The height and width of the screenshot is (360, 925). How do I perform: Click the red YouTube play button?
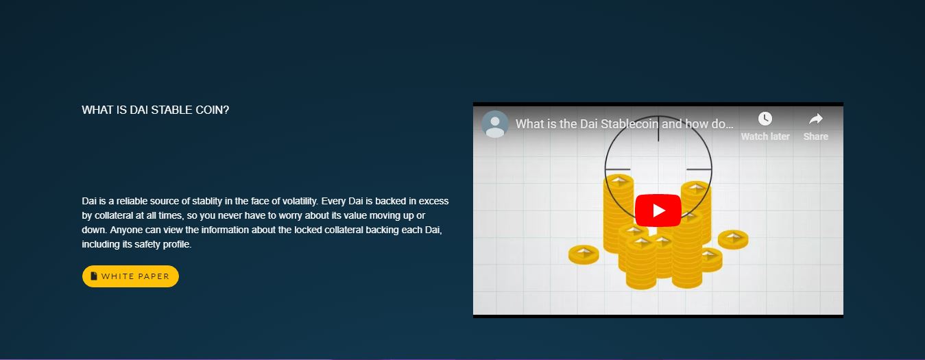tap(658, 211)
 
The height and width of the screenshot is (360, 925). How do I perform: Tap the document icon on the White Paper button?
tap(94, 276)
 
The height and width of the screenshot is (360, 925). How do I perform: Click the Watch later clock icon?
tap(765, 119)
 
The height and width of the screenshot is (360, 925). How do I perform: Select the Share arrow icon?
tap(815, 119)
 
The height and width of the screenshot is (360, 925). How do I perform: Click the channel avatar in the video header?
tap(494, 124)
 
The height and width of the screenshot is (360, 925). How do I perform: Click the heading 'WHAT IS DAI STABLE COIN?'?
tap(155, 110)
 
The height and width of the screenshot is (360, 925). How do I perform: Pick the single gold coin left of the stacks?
tap(584, 254)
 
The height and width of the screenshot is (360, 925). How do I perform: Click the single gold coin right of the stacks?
tap(733, 239)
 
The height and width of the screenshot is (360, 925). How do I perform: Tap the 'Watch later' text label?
tap(765, 136)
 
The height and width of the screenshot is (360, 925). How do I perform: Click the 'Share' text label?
tap(815, 136)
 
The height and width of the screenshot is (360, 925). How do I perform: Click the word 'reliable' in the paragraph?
tap(132, 201)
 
